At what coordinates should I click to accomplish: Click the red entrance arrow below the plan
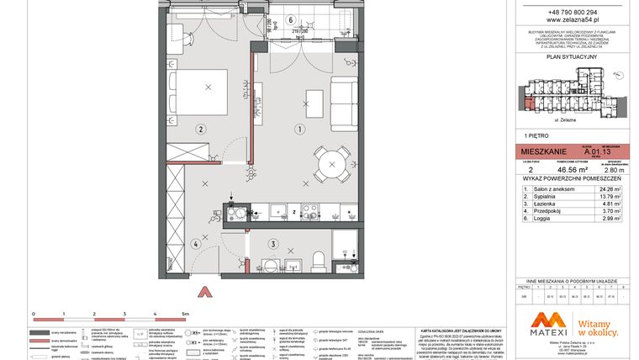pyautogui.click(x=202, y=292)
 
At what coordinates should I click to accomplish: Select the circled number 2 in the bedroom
pyautogui.click(x=201, y=130)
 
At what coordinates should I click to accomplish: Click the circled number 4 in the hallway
pyautogui.click(x=194, y=245)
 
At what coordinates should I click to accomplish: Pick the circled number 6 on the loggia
pyautogui.click(x=290, y=20)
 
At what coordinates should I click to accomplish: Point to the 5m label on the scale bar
pyautogui.click(x=186, y=312)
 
